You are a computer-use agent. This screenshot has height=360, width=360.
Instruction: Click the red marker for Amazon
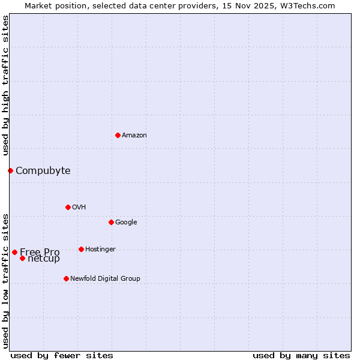click(118, 135)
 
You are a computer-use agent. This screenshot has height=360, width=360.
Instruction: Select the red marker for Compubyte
click(10, 170)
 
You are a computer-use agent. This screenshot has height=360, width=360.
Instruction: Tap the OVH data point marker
click(68, 207)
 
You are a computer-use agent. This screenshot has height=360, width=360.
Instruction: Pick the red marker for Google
click(111, 222)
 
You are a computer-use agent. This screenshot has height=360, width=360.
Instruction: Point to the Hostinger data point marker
click(81, 249)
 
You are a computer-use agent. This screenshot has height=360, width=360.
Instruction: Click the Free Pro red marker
click(14, 252)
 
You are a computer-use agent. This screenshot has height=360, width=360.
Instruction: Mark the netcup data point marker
click(22, 258)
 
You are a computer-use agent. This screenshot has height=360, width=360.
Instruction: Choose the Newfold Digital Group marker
click(66, 278)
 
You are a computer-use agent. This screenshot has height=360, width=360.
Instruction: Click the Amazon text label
click(134, 135)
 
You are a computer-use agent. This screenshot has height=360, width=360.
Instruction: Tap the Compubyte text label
click(43, 170)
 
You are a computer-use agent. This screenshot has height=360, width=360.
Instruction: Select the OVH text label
click(79, 207)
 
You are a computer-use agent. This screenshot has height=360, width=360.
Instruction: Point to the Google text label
click(126, 222)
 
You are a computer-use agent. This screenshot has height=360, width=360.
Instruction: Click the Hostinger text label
click(100, 249)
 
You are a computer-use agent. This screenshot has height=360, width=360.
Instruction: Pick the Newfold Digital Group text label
click(105, 278)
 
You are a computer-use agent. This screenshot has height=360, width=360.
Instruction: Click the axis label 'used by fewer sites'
click(62, 355)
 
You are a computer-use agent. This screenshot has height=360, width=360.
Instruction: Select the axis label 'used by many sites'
click(301, 355)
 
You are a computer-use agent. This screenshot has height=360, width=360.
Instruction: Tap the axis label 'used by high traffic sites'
click(5, 85)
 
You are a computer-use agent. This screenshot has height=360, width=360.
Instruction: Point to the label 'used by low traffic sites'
click(5, 280)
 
